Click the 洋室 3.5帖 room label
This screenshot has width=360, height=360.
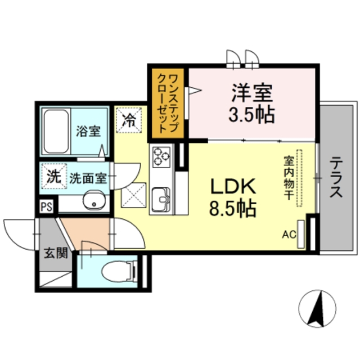251,103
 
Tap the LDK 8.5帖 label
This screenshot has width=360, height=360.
233,197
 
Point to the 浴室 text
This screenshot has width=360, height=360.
88,132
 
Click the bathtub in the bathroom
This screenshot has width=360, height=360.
56,130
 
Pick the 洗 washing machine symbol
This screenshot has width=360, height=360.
53,176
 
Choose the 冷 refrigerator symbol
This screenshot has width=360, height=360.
129,120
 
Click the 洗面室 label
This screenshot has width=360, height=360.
88,178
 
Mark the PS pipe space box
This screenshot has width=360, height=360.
46,206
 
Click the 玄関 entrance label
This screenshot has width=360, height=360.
55,253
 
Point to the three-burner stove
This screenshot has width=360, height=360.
161,156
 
